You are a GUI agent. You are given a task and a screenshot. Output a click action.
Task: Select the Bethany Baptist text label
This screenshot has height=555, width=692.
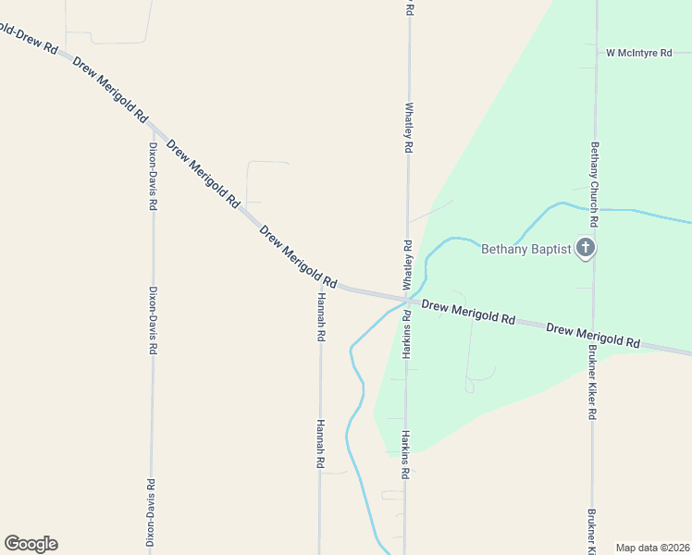point(525,248)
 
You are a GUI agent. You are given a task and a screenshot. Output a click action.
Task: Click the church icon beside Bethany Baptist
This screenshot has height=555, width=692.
point(585,248)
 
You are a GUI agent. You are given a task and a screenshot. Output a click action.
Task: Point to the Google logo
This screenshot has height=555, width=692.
point(31,544)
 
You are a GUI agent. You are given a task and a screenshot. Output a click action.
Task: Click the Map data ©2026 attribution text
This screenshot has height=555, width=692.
point(652,548)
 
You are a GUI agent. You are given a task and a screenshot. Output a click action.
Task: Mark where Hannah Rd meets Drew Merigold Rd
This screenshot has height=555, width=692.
point(320,282)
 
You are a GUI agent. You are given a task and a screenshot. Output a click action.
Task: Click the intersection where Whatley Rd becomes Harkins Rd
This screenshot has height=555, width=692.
point(407,300)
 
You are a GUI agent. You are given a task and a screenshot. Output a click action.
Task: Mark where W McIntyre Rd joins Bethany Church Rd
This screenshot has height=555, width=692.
point(595,54)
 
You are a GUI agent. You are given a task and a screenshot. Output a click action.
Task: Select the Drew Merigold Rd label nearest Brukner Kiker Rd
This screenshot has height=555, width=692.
point(593,336)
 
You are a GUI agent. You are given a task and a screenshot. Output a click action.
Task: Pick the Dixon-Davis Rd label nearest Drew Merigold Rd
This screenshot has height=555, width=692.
point(154,176)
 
